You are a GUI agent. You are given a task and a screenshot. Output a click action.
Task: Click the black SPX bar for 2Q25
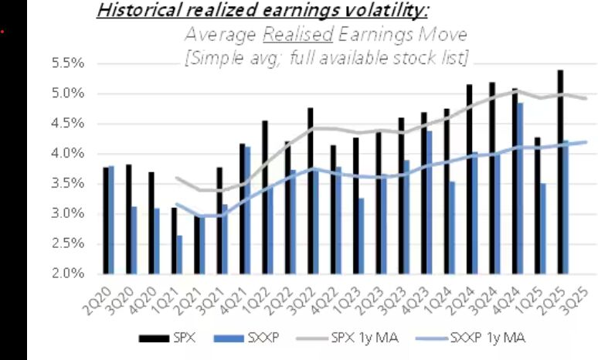click(x=559, y=172)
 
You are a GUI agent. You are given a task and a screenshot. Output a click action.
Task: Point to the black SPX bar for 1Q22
click(x=264, y=197)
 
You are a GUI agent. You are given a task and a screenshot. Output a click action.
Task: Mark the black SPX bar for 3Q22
click(x=310, y=191)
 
